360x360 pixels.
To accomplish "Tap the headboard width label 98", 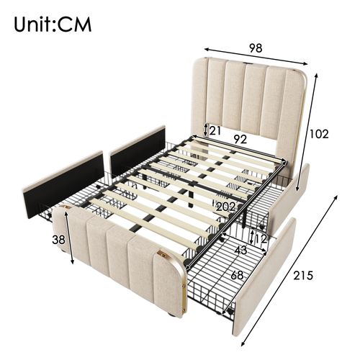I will pos(256,49).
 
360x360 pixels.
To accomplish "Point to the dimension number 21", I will pos(215,130).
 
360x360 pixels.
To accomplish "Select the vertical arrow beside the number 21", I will pos(206,130).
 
